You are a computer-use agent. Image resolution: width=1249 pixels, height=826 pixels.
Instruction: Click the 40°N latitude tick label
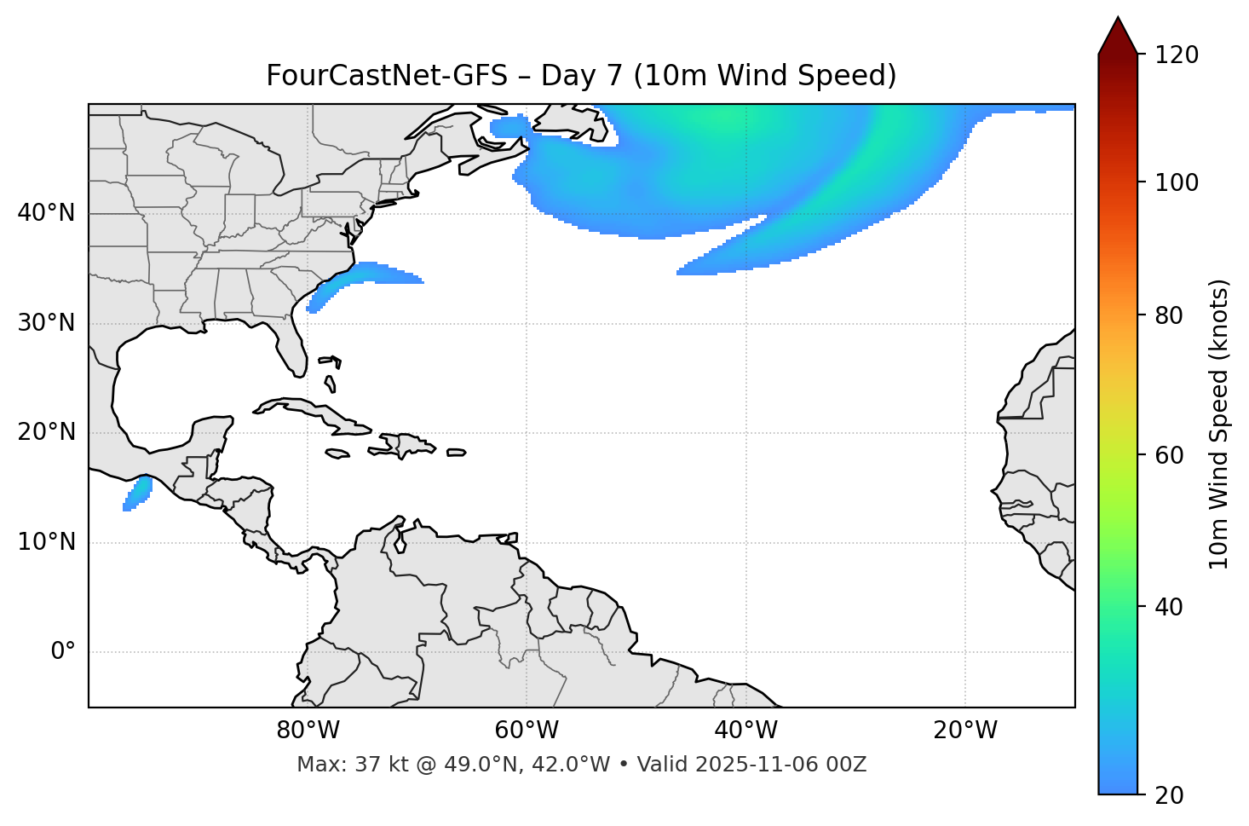point(46,213)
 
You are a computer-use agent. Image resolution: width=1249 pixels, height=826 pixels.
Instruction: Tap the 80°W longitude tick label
point(308,731)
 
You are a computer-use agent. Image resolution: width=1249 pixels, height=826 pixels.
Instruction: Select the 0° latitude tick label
point(63,652)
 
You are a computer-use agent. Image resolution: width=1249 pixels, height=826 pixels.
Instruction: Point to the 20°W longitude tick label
point(965,731)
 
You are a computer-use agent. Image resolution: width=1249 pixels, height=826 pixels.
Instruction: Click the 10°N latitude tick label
point(46,542)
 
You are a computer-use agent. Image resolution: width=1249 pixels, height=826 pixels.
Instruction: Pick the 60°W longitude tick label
point(527,731)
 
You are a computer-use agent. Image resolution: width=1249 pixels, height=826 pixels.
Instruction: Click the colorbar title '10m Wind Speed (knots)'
point(1219,424)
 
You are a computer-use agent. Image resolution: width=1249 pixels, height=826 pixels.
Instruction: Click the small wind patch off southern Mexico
point(137,494)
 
